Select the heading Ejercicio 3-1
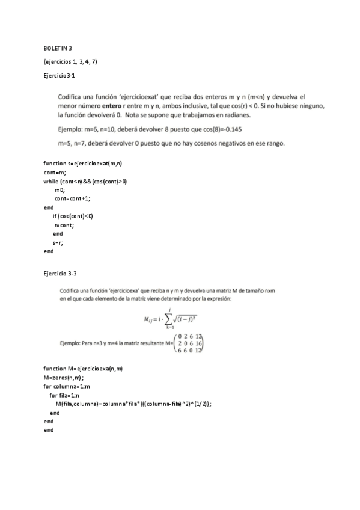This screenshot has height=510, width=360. tap(59, 76)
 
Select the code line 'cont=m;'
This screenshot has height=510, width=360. tap(55, 173)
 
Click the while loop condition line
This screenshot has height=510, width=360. tap(85, 181)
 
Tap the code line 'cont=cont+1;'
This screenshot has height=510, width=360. tap(73, 198)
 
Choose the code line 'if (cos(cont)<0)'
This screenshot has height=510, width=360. tap(73, 216)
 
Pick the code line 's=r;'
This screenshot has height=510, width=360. tap(58, 242)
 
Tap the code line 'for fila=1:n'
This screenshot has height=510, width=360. tap(68, 395)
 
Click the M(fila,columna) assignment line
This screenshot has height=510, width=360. tap(133, 404)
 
